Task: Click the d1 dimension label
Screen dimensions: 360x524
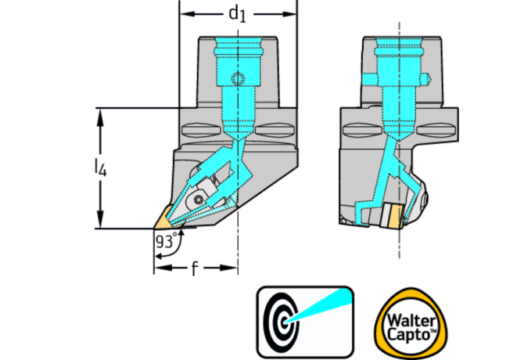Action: [238, 14]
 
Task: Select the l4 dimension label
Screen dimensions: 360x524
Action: [95, 167]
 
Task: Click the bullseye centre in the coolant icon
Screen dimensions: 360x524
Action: [282, 319]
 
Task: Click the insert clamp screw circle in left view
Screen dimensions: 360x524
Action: [200, 201]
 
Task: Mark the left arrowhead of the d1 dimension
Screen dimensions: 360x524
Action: [185, 15]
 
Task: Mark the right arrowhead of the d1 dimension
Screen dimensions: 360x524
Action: [293, 15]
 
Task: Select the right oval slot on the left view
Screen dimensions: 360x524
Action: [275, 128]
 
